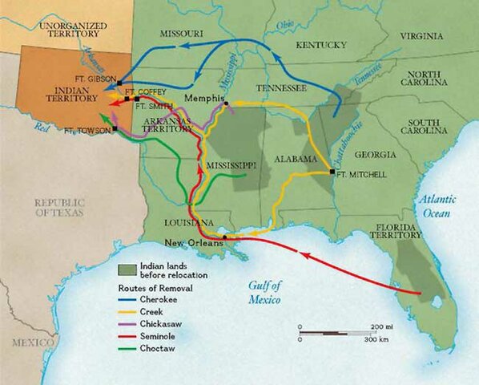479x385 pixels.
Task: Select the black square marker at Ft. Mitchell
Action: pyautogui.click(x=332, y=172)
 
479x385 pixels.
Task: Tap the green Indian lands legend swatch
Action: pyautogui.click(x=125, y=269)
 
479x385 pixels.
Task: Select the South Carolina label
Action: pyautogui.click(x=429, y=128)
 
